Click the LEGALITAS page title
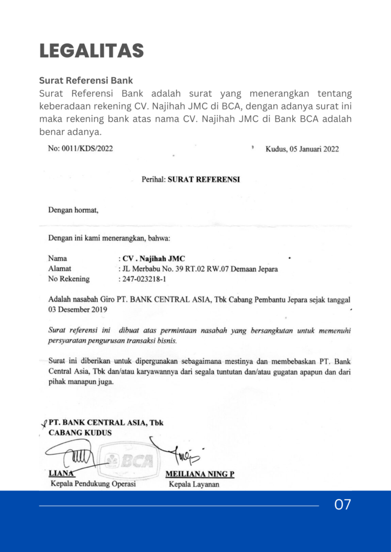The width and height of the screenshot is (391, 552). pyautogui.click(x=91, y=51)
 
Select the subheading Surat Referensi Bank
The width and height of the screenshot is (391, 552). pyautogui.click(x=85, y=81)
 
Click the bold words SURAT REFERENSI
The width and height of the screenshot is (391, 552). pyautogui.click(x=204, y=180)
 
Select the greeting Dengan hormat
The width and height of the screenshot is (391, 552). pyautogui.click(x=73, y=210)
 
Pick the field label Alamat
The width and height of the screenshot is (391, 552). pyautogui.click(x=59, y=268)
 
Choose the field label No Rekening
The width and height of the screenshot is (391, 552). pyautogui.click(x=69, y=279)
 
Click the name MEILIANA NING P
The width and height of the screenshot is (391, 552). pyautogui.click(x=199, y=474)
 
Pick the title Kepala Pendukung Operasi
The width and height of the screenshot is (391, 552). pyautogui.click(x=93, y=484)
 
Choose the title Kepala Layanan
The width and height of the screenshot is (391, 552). pyautogui.click(x=194, y=484)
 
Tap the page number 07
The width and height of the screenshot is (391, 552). pyautogui.click(x=342, y=505)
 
